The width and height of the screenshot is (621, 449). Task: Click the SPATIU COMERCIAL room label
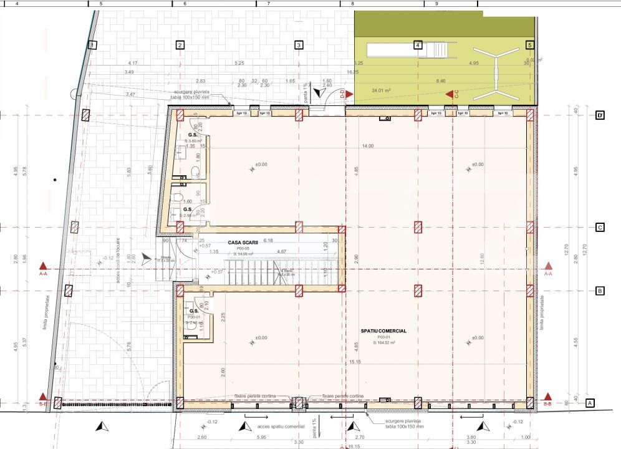383,331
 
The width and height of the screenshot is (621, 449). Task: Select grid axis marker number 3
299,45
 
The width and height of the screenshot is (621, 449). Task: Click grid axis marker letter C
600,228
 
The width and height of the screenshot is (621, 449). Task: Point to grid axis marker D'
600,116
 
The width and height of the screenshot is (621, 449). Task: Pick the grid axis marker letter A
589,403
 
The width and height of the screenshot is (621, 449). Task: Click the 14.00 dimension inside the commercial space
367,146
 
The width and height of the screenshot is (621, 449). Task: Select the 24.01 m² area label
380,90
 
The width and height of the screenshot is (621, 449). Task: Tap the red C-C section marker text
456,94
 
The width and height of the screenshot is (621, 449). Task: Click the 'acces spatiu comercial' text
277,427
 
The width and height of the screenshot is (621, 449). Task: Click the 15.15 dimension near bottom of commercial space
355,362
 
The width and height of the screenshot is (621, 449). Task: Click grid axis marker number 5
530,45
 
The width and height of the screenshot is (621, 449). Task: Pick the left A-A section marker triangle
43,266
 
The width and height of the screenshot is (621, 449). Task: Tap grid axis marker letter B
600,291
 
